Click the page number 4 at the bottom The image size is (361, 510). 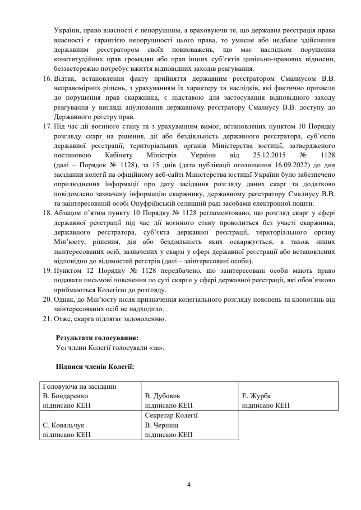point(189,484)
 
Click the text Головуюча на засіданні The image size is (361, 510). point(79,386)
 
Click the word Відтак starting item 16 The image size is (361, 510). point(64,78)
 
